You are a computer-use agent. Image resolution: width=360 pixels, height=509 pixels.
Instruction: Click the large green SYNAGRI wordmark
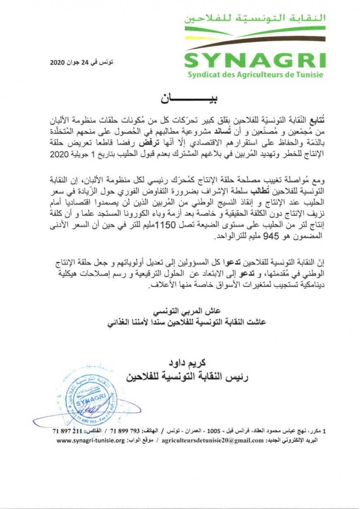(x=255, y=60)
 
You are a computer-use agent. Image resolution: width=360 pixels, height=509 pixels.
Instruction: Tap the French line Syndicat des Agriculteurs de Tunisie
(x=255, y=75)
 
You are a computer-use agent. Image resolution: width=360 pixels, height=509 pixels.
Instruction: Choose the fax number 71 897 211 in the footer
(x=67, y=431)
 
